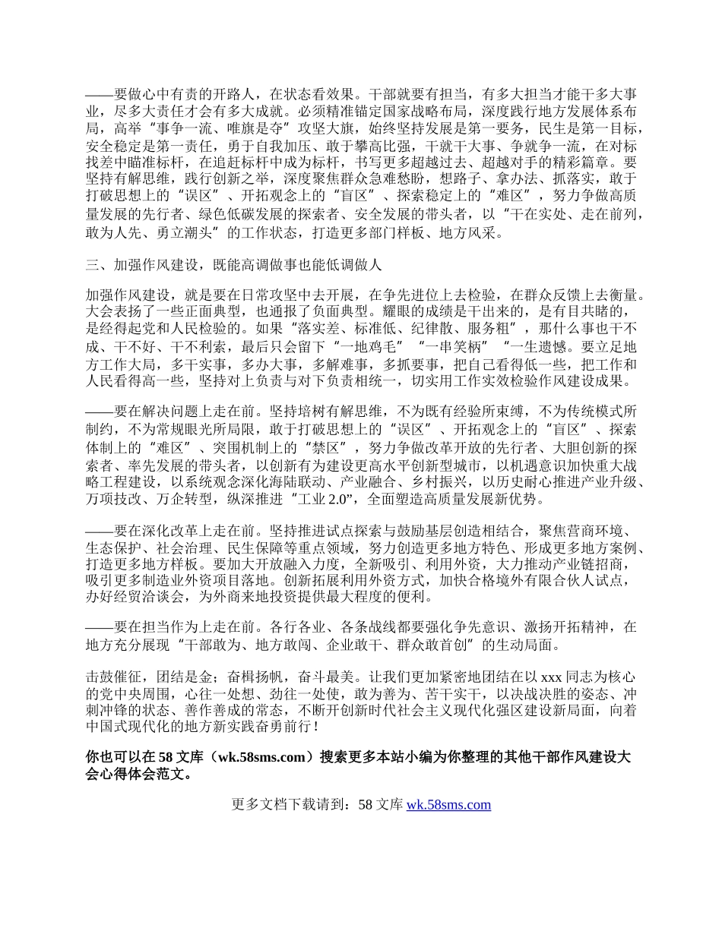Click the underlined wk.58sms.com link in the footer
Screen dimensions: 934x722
coord(448,805)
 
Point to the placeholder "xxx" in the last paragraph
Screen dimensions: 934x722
coord(551,677)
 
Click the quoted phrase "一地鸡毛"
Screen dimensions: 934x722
coord(379,346)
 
